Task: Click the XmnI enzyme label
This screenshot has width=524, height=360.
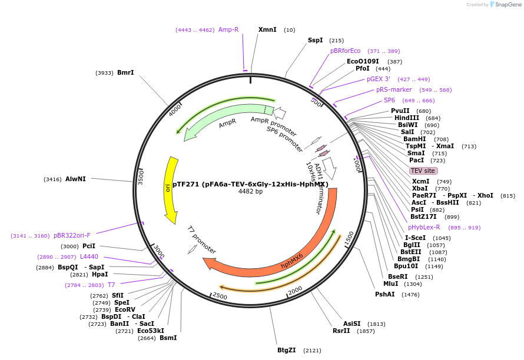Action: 267,29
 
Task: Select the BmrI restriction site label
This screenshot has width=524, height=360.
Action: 125,72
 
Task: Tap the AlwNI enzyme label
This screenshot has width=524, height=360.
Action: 75,179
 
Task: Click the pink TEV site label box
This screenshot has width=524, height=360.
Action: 423,171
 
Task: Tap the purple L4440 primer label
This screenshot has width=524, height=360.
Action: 89,256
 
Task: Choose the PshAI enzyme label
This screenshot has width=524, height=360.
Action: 385,294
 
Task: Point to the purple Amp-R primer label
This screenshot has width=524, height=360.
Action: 228,29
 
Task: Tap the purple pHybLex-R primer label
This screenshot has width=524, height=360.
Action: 424,227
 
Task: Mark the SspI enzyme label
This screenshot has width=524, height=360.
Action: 316,40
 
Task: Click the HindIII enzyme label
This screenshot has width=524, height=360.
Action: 407,118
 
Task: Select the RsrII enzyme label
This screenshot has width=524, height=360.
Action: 341,331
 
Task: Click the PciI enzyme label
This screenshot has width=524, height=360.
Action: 89,246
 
